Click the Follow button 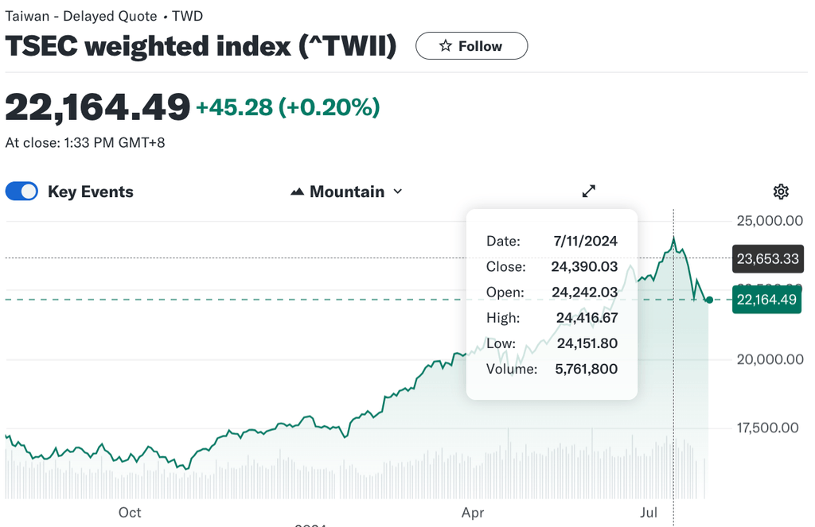pyautogui.click(x=471, y=46)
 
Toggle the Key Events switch pyautogui.click(x=21, y=192)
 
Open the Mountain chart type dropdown pyautogui.click(x=347, y=192)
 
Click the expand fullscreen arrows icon pyautogui.click(x=589, y=191)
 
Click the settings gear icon pyautogui.click(x=781, y=192)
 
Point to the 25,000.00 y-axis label pyautogui.click(x=768, y=220)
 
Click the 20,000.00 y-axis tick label pyautogui.click(x=768, y=359)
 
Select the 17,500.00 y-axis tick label pyautogui.click(x=768, y=428)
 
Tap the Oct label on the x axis pyautogui.click(x=130, y=513)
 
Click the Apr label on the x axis pyautogui.click(x=473, y=513)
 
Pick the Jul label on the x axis pyautogui.click(x=649, y=513)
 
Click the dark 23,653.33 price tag pyautogui.click(x=767, y=259)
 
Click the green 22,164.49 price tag pyautogui.click(x=767, y=300)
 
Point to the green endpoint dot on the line pyautogui.click(x=709, y=300)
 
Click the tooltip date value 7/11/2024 pyautogui.click(x=585, y=241)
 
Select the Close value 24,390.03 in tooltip pyautogui.click(x=584, y=266)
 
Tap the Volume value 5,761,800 pyautogui.click(x=586, y=369)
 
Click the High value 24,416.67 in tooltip pyautogui.click(x=587, y=318)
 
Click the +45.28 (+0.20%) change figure pyautogui.click(x=288, y=107)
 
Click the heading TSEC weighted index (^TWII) pyautogui.click(x=201, y=46)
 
